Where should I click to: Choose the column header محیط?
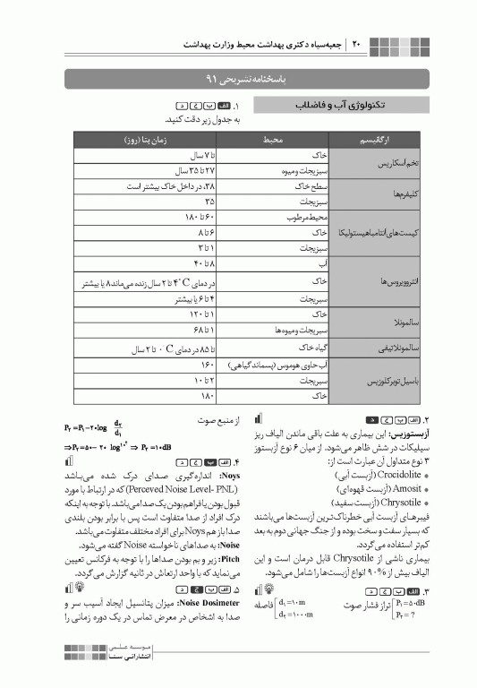(x=272, y=141)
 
